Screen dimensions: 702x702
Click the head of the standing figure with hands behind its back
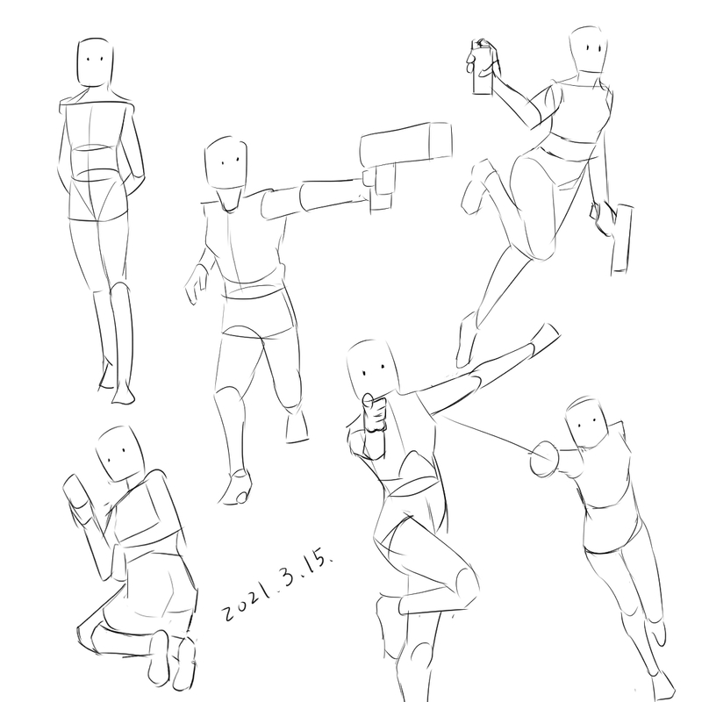tap(95, 62)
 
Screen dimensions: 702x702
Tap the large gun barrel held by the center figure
tap(405, 143)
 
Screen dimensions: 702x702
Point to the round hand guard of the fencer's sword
tap(544, 458)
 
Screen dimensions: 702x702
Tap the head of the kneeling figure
tap(119, 453)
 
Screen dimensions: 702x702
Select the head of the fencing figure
tap(587, 423)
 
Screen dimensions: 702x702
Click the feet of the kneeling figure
tap(172, 658)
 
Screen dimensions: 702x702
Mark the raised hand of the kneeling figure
tap(76, 492)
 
